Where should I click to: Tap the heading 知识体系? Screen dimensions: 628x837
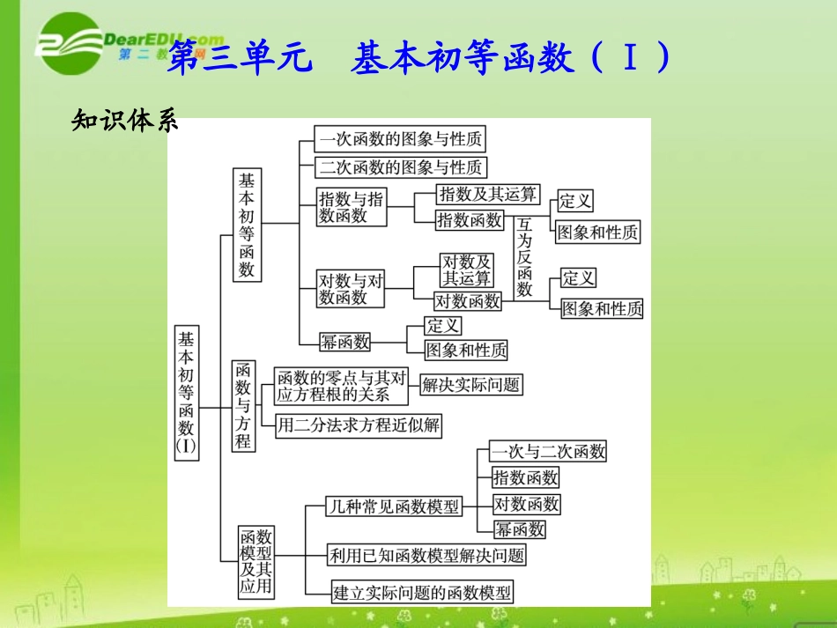coord(124,122)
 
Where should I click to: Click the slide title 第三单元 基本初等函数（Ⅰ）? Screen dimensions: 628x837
coord(418,60)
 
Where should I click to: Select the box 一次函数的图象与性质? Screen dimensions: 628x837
coord(401,139)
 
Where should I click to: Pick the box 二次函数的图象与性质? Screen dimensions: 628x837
coord(401,167)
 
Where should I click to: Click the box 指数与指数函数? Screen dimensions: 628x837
coord(352,208)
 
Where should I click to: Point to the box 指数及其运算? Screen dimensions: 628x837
coord(487,195)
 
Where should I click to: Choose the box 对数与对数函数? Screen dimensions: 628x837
coord(352,289)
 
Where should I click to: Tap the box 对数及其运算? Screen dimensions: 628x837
coord(467,270)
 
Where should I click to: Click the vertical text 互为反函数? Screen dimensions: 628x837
coord(525,257)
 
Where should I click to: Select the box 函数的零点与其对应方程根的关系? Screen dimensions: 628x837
coord(341,386)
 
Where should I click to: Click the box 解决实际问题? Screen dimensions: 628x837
coord(470,384)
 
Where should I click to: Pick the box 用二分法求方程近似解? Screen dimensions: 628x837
coord(358,426)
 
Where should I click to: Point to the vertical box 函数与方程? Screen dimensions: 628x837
coord(243,405)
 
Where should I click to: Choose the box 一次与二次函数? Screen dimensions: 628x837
coord(549,452)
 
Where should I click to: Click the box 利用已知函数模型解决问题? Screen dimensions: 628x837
coord(426,555)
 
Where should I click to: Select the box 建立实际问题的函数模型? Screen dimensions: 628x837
coord(421,592)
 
